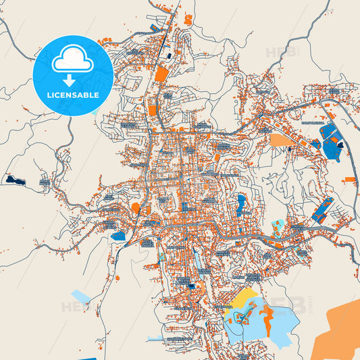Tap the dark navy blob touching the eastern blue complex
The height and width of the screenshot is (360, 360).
340,144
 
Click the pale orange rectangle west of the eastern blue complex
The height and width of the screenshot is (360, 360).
279,140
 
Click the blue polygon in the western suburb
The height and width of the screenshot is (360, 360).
118,236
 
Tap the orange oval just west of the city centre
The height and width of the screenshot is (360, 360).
136,207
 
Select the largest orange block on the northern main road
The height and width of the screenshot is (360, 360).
162,73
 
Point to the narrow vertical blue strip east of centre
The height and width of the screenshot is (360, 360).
241,202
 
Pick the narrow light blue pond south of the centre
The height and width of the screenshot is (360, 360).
197,257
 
